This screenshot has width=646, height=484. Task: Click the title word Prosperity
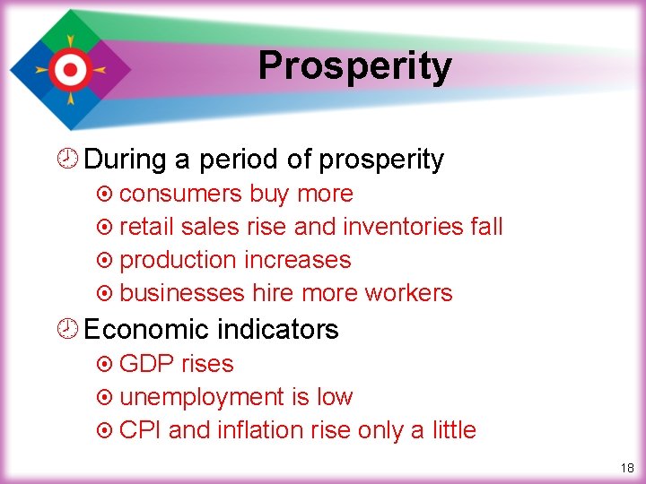354,66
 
